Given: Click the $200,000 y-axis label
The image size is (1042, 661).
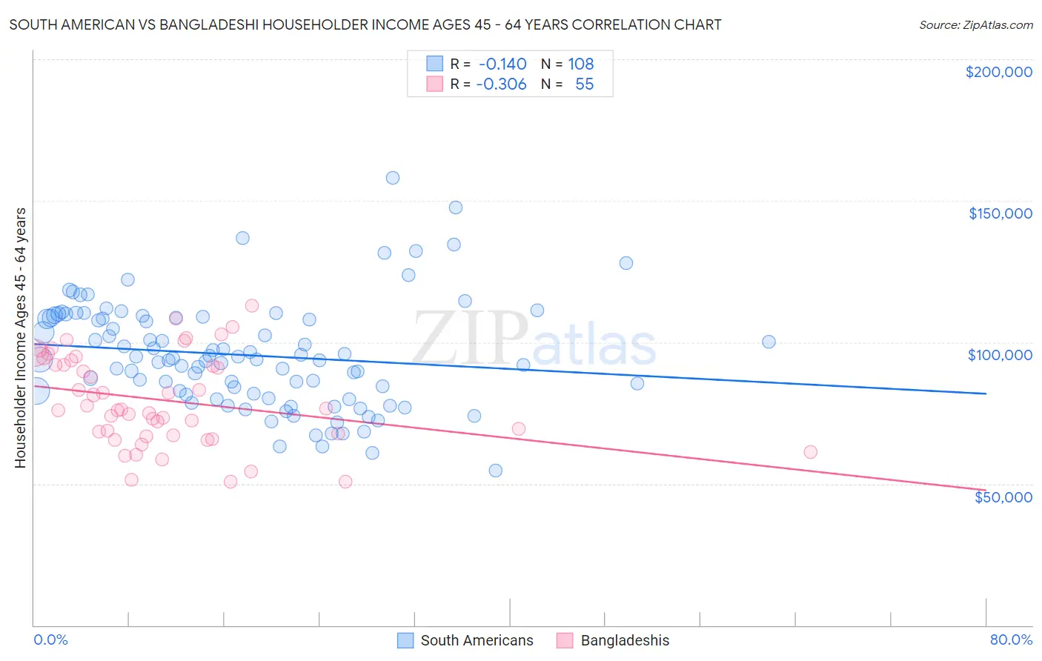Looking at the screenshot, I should pyautogui.click(x=998, y=72).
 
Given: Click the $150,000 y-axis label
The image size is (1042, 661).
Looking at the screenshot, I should pyautogui.click(x=1000, y=213).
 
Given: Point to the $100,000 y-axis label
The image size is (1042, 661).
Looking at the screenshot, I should pyautogui.click(x=1000, y=355).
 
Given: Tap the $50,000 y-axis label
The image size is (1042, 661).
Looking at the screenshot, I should pyautogui.click(x=1003, y=496).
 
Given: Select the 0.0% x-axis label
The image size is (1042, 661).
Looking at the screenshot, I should pyautogui.click(x=50, y=640).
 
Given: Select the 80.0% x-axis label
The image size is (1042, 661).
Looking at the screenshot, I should pyautogui.click(x=1011, y=640).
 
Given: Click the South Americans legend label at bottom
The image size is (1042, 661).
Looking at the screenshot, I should pyautogui.click(x=477, y=640).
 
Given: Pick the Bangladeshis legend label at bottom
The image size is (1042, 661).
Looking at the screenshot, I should pyautogui.click(x=625, y=640).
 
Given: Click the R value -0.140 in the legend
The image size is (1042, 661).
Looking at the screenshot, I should pyautogui.click(x=502, y=64).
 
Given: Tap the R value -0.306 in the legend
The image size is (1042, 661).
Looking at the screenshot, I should pyautogui.click(x=501, y=84).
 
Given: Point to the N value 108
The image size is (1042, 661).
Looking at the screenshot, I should pyautogui.click(x=581, y=64).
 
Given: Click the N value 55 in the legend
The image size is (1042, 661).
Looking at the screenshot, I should pyautogui.click(x=584, y=84).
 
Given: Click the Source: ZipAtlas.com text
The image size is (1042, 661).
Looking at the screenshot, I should pyautogui.click(x=975, y=25).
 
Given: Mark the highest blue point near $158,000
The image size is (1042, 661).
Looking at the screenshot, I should pyautogui.click(x=393, y=178).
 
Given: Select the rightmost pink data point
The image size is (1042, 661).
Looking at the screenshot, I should pyautogui.click(x=810, y=452).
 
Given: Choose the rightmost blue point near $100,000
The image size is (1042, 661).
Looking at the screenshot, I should pyautogui.click(x=769, y=342).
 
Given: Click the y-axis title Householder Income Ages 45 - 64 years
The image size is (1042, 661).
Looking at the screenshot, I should pyautogui.click(x=21, y=338).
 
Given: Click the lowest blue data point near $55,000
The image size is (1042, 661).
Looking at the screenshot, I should pyautogui.click(x=496, y=471).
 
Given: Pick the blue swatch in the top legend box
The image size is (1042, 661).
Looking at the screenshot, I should pyautogui.click(x=434, y=64).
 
